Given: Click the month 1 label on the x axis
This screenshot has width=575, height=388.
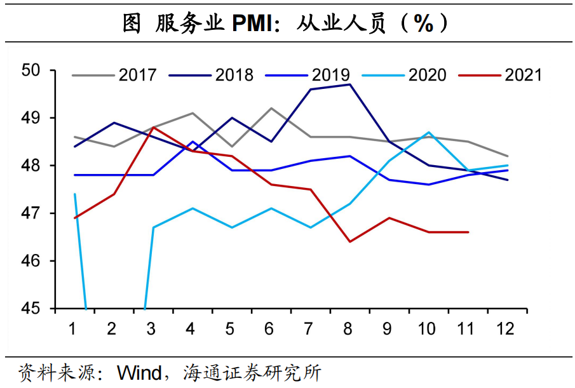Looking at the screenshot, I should (72, 328).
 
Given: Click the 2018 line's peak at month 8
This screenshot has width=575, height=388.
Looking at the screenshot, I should (349, 84).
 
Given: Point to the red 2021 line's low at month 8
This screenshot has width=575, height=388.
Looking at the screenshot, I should (349, 241).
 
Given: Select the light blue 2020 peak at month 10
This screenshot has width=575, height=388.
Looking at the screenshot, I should (429, 132).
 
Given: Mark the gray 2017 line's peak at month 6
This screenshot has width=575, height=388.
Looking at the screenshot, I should (271, 108).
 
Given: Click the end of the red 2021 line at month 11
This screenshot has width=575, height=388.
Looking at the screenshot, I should (468, 232).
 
